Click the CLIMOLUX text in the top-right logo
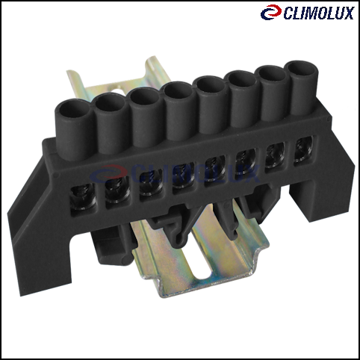coord(319,13)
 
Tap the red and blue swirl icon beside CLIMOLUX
coord(271,12)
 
